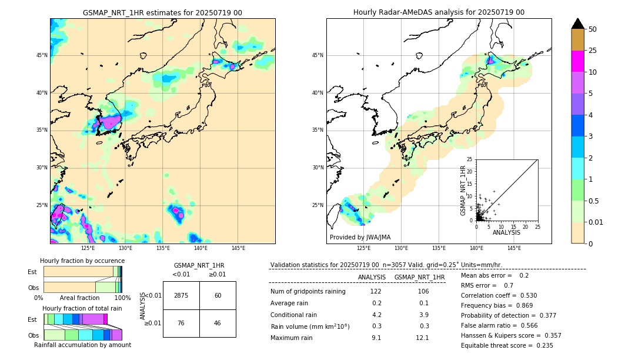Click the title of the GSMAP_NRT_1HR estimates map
162,12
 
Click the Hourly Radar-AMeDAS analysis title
439,12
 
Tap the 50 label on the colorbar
593,29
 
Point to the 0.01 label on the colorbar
596,222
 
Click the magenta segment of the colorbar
577,61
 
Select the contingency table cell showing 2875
181,295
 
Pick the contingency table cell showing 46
218,323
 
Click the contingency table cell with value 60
218,295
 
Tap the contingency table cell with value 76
181,323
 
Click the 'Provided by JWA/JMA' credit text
360,237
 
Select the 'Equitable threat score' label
497,345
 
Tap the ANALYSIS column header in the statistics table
372,277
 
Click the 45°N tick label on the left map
42,55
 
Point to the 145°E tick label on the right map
514,248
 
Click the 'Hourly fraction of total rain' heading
82,308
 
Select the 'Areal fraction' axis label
79,298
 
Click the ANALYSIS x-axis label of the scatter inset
506,232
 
